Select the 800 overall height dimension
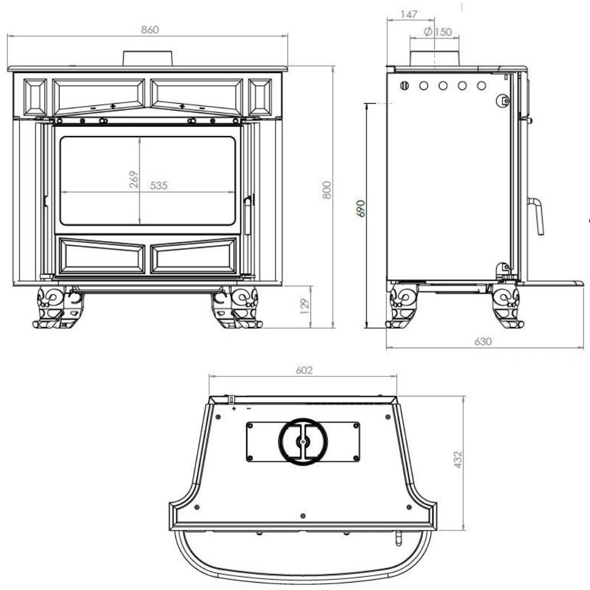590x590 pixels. [x=327, y=190]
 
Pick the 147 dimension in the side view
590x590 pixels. [x=409, y=14]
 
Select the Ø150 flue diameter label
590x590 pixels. [x=438, y=32]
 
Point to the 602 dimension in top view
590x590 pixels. [x=304, y=371]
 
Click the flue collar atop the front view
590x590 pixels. [x=148, y=58]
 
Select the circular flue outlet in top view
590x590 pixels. [x=303, y=442]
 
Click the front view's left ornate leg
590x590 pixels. [x=58, y=308]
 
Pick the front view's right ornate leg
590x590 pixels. [x=236, y=308]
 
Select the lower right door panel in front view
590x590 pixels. [x=193, y=256]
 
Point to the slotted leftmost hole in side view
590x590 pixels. [x=404, y=86]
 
